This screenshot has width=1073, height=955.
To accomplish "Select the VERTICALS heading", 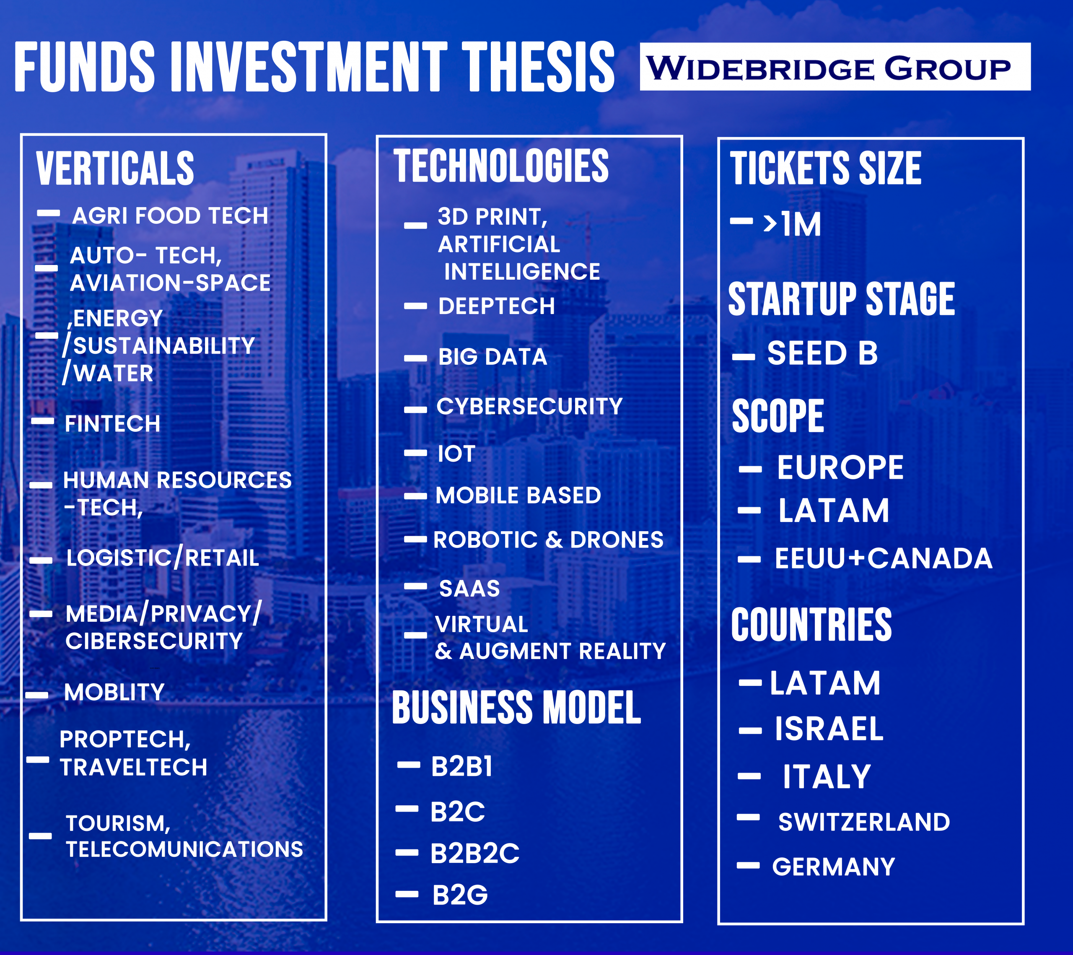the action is click(115, 168).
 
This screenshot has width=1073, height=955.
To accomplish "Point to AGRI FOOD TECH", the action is click(170, 216).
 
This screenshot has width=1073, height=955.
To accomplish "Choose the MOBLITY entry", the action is click(114, 692).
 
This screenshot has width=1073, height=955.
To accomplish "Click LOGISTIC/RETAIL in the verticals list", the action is click(163, 557).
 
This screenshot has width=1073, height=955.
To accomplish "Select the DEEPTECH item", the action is click(497, 306).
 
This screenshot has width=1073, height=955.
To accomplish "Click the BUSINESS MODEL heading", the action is click(516, 707).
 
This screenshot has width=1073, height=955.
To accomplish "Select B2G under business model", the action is click(460, 895).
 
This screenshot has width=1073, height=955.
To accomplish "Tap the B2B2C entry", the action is click(474, 853).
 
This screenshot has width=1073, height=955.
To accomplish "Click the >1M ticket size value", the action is click(792, 224).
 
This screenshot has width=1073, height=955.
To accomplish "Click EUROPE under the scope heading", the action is click(840, 467).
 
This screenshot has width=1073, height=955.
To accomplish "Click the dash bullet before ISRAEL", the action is click(750, 730).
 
